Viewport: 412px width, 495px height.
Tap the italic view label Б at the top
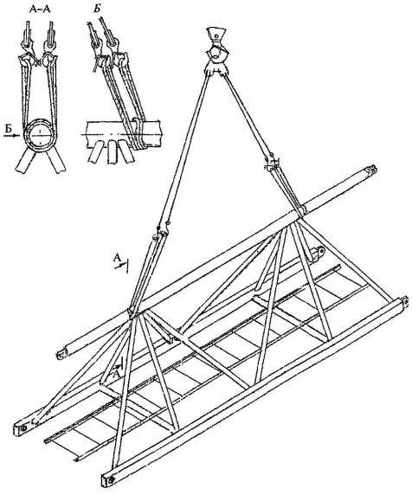(x=97, y=9)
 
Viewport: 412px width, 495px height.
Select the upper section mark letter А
(x=117, y=258)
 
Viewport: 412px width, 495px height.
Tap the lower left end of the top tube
(x=61, y=354)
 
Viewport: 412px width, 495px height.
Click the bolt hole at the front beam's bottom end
(x=111, y=480)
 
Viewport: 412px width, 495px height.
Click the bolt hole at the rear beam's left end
(x=23, y=427)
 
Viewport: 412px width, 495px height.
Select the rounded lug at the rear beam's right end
(x=319, y=252)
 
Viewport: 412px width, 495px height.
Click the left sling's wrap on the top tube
(x=132, y=312)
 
